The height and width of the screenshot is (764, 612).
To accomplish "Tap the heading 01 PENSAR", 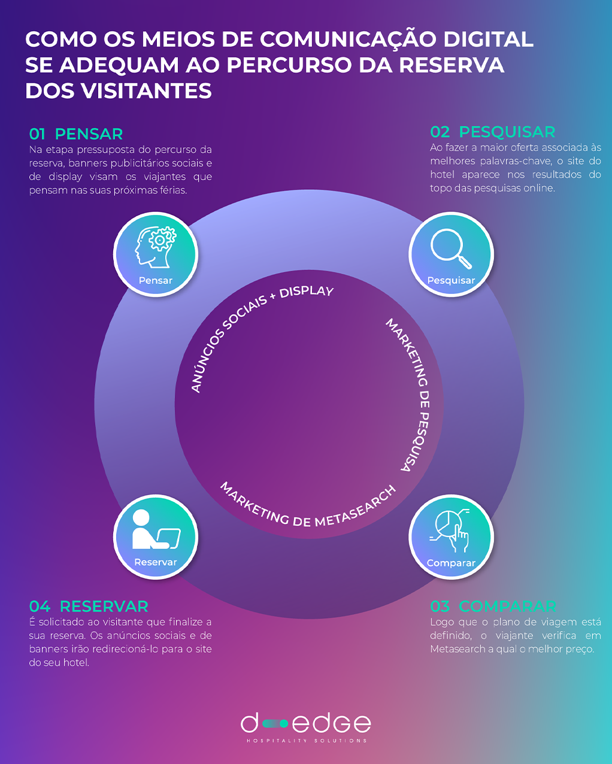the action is (76, 134).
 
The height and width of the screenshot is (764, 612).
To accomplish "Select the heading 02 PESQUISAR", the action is (493, 132).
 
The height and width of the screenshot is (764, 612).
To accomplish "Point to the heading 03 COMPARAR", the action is (493, 606).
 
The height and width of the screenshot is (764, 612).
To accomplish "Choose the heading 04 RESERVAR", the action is (89, 606).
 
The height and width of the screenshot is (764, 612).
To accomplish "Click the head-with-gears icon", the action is (155, 247).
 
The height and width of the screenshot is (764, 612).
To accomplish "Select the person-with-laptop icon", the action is (156, 529).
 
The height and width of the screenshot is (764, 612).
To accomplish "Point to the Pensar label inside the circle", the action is (156, 280).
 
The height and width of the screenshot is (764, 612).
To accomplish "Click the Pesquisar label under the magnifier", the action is (451, 280).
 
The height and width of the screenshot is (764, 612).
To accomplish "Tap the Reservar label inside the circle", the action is (156, 562).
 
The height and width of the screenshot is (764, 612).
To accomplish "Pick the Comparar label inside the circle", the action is (451, 563).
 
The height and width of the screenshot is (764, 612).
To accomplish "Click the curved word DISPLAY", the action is (306, 292).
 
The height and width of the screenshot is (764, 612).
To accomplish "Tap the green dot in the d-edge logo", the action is (283, 723).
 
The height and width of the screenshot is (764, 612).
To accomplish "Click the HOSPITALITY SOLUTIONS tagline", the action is (307, 741).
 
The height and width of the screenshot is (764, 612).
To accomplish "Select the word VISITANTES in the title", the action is (147, 90).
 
